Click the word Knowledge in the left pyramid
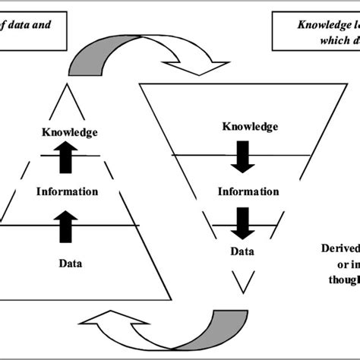click(69, 133)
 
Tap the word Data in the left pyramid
click(69, 264)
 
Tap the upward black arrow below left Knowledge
click(68, 153)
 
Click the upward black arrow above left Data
click(68, 225)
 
